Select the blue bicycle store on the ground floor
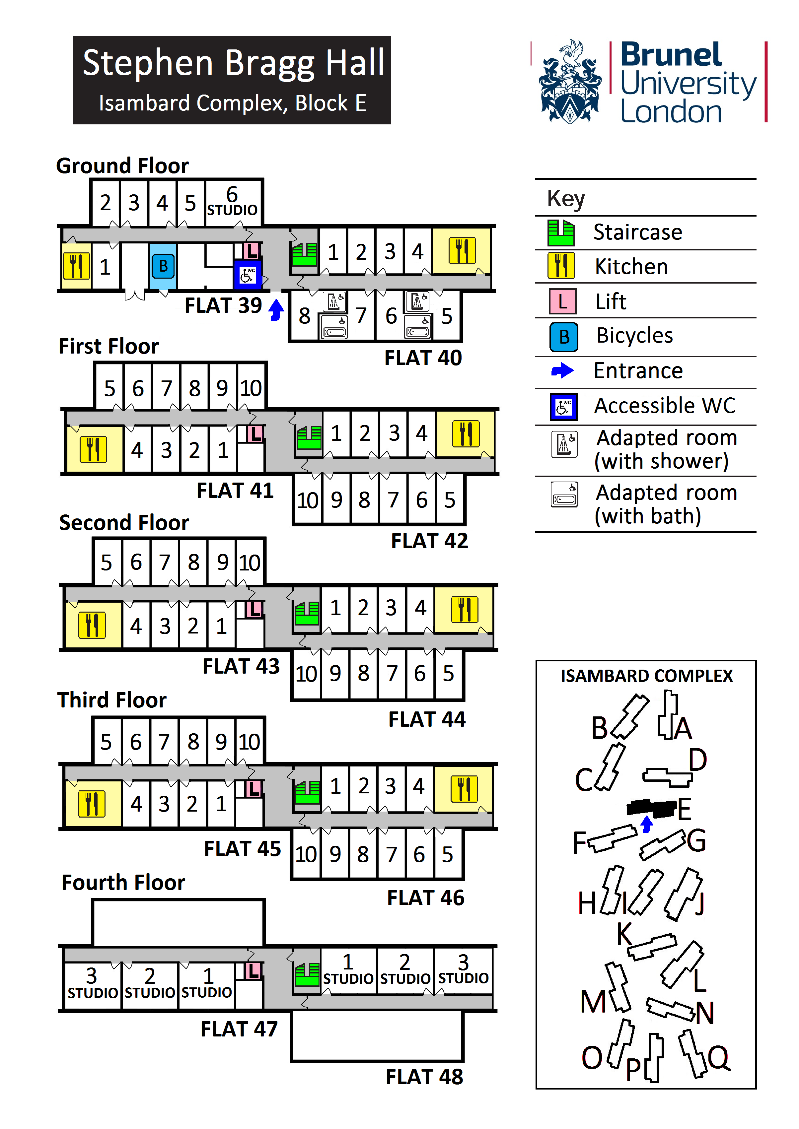(163, 266)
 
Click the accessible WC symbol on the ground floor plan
(248, 274)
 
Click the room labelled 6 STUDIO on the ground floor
(233, 202)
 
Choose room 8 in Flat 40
(305, 316)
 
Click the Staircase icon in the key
(561, 232)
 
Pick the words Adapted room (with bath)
(666, 504)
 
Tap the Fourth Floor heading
(123, 883)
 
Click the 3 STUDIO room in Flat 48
(463, 970)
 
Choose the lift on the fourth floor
(253, 971)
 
